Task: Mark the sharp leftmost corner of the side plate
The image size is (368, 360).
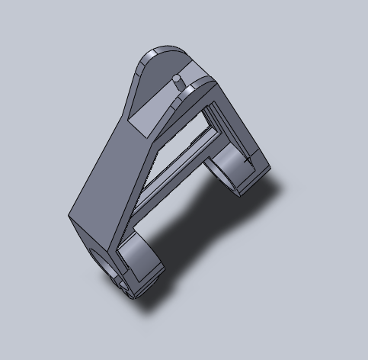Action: (x=69, y=217)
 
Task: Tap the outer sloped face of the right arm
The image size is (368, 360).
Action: (x=244, y=130)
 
